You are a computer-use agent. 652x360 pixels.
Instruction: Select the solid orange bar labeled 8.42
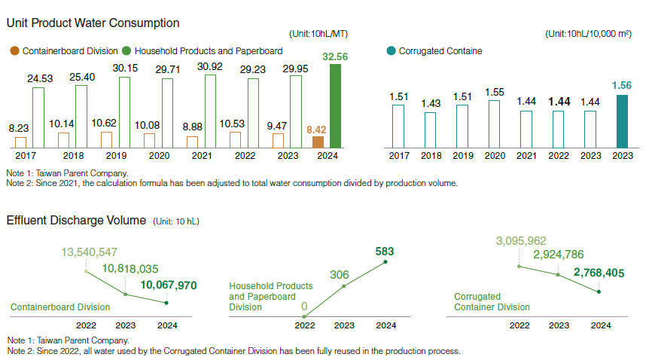coord(318,142)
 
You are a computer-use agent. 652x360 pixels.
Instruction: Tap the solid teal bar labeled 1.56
coord(622,121)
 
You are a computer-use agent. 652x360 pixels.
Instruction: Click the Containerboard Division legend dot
coord(15,51)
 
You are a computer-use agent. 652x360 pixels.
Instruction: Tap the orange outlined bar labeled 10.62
coord(106,139)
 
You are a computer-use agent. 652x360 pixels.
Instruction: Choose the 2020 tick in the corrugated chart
coord(494,155)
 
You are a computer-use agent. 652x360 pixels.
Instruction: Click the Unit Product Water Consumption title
coord(93,23)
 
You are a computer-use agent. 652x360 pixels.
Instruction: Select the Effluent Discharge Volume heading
coord(75,221)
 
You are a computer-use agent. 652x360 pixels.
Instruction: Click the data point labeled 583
coord(385,262)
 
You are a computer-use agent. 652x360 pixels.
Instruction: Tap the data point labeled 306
coord(344,285)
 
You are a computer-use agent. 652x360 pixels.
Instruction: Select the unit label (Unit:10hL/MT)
coord(318,34)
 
